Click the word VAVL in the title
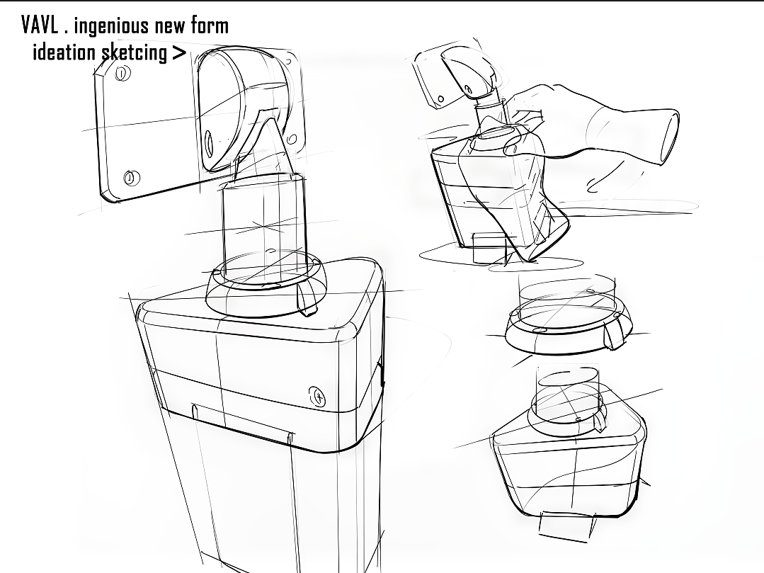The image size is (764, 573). [40, 25]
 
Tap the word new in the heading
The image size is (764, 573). [169, 27]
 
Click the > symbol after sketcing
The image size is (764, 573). [179, 52]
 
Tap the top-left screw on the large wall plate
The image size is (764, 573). [122, 74]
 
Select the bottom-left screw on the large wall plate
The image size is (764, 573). [130, 178]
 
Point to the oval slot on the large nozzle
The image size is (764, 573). [210, 144]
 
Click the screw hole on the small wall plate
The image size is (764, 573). [440, 99]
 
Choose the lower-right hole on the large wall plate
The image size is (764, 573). [292, 139]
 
